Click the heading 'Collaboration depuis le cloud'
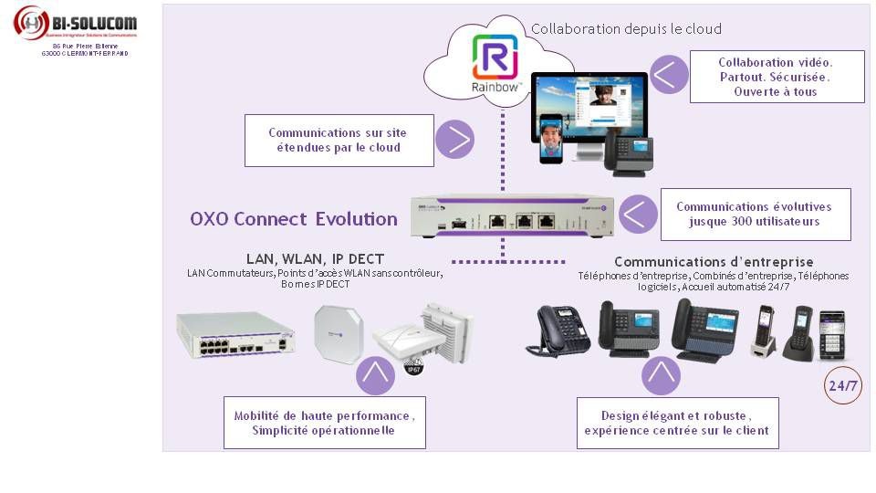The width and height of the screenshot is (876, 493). coord(626,29)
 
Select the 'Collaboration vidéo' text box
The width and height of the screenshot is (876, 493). coord(775,77)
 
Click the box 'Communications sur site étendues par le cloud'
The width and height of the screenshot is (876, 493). coord(339,140)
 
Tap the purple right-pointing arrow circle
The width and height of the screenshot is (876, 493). coord(454,140)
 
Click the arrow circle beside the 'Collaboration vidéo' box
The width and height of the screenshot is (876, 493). coord(670,75)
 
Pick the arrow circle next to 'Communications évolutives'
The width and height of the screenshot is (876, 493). coord(638,214)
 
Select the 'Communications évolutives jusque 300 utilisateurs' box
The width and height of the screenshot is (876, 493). coord(755,215)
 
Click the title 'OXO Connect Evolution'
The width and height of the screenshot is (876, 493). coord(293,219)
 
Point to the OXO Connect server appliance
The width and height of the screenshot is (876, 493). coord(511,216)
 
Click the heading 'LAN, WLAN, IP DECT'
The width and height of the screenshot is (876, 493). coord(315,259)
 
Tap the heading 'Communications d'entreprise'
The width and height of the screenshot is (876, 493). coord(713,262)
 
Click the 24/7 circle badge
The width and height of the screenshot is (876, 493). coord(842,386)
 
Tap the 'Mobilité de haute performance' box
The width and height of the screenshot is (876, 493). coord(324,423)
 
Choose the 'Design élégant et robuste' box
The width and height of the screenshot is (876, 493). coord(676,423)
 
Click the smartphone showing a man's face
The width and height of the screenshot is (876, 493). coord(550,140)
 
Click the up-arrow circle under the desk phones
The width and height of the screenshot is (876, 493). coord(662,373)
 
